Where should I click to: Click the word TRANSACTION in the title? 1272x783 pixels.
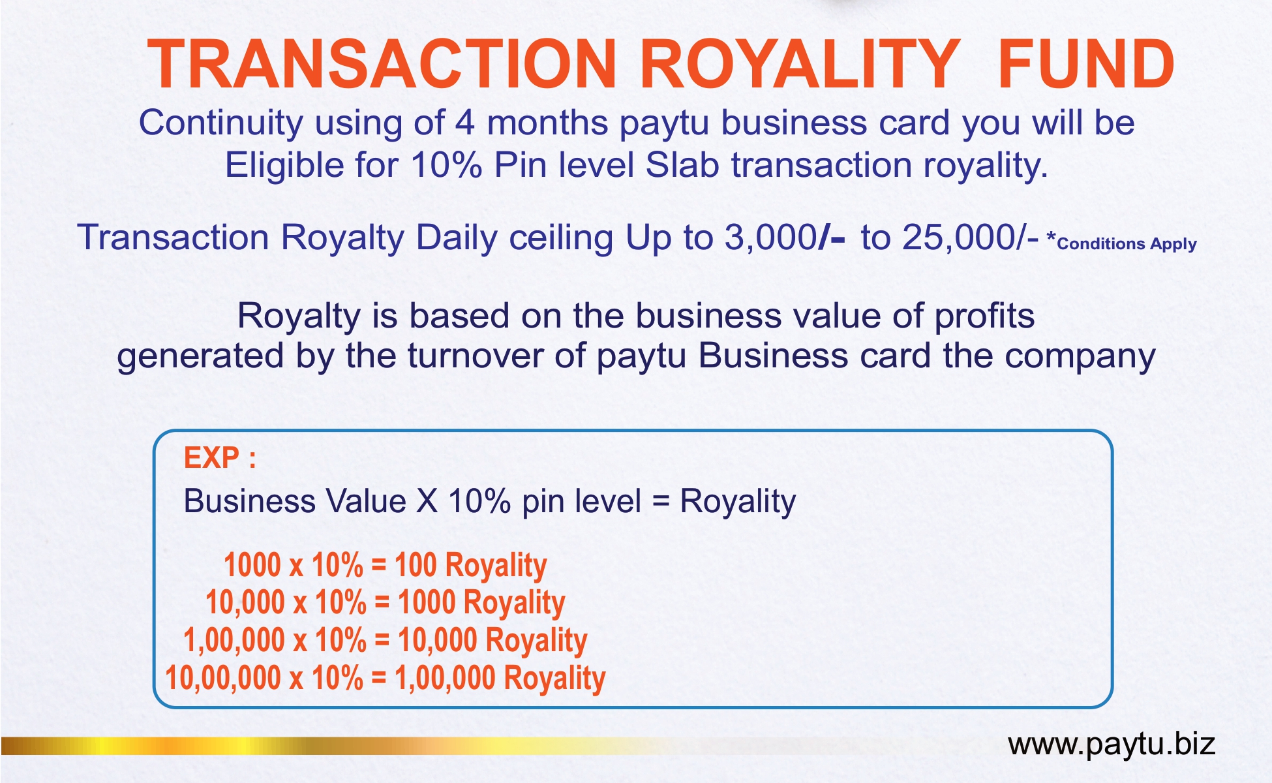click(x=382, y=64)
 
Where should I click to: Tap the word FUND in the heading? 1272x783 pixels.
click(x=1085, y=64)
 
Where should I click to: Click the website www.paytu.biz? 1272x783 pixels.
click(x=1112, y=745)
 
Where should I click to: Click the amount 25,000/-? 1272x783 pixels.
click(x=970, y=238)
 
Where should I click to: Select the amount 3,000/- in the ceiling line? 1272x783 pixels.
click(x=785, y=238)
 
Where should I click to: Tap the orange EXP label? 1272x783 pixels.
click(x=220, y=457)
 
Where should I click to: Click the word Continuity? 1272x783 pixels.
click(x=221, y=123)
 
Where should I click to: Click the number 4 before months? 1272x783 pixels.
click(x=464, y=123)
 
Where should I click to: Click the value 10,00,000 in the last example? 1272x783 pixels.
click(x=223, y=677)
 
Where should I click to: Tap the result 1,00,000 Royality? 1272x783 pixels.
click(x=500, y=679)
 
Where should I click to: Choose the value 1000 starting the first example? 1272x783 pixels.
click(x=252, y=564)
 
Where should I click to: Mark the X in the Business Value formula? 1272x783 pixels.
click(x=427, y=502)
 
